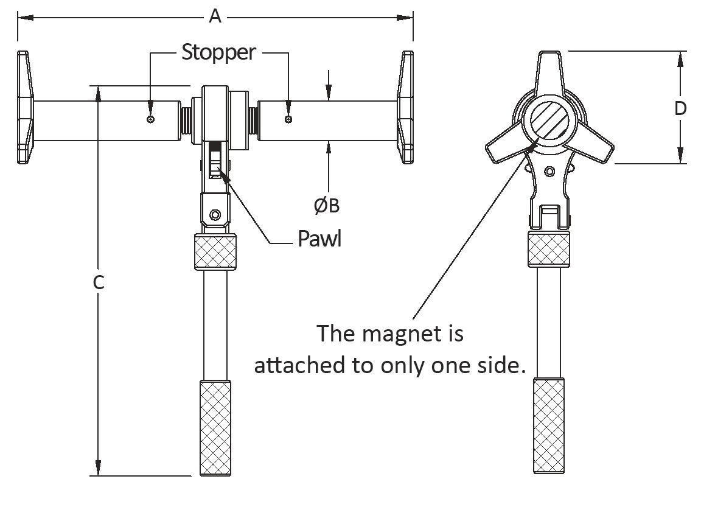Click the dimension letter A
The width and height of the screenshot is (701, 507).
point(215,16)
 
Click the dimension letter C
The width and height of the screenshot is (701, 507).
point(100,282)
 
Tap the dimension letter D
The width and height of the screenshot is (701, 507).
point(680,108)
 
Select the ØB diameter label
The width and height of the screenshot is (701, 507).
point(327,206)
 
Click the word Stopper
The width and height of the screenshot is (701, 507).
point(219,52)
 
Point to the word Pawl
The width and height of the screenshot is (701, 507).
point(319,239)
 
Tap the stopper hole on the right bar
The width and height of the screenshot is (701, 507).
point(288,119)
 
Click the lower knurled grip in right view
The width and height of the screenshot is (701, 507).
point(548,426)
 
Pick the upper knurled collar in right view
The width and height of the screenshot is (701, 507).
point(549,248)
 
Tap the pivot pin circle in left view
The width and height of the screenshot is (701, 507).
point(214,215)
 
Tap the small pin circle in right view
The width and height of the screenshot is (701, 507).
point(549,171)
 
